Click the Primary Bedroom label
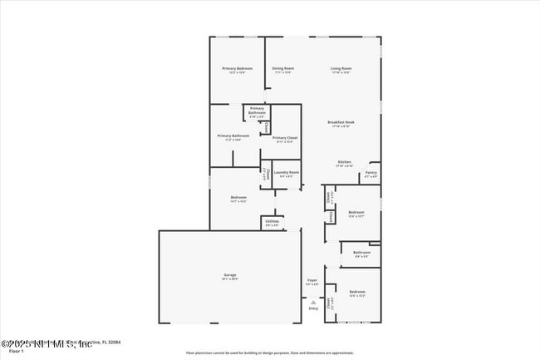(x=237, y=68)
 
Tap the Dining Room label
(x=283, y=68)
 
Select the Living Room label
(x=341, y=68)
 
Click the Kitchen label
(x=344, y=161)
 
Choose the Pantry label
(x=371, y=173)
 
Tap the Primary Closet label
(x=284, y=137)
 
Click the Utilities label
(x=272, y=221)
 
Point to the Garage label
(x=229, y=274)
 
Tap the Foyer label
(x=312, y=281)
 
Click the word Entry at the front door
(x=313, y=308)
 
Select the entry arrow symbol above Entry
(x=313, y=301)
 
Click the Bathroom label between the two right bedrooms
(x=361, y=252)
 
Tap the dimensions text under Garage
(x=229, y=279)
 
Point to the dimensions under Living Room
(x=341, y=72)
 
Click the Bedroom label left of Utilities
(x=238, y=197)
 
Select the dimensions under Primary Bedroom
(x=237, y=72)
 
